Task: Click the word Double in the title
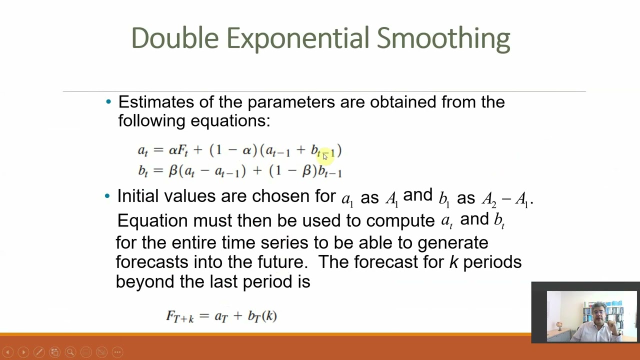(175, 38)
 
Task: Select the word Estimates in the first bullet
(155, 102)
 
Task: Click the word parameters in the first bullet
(291, 102)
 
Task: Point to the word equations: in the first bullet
(230, 121)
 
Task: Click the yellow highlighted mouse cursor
(325, 156)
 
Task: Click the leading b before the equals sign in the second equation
(142, 171)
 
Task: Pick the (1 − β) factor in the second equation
(292, 171)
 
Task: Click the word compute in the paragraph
(400, 220)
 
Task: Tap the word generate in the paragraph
(452, 243)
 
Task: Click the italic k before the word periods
(453, 262)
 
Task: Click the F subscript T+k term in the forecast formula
(179, 316)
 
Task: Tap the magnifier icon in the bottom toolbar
(70, 352)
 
